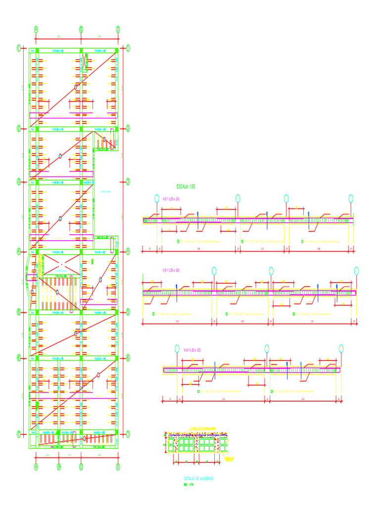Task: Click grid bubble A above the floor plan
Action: (x=36, y=29)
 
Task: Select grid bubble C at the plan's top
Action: (x=81, y=29)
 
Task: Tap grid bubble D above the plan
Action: (x=118, y=29)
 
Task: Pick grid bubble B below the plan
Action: (x=58, y=466)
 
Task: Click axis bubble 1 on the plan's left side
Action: (x=19, y=48)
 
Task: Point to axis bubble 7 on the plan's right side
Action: (x=127, y=434)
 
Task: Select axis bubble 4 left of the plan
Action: (x=19, y=251)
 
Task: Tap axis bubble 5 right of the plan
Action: (x=127, y=312)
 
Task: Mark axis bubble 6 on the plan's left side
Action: (x=19, y=357)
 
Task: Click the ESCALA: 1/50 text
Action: (x=186, y=187)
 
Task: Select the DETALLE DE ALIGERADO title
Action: (x=199, y=479)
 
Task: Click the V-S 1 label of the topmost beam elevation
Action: (x=171, y=199)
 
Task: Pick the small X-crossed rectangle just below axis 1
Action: (x=85, y=63)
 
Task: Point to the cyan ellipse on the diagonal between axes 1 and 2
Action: (x=76, y=87)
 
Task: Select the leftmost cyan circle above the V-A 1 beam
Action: (x=177, y=348)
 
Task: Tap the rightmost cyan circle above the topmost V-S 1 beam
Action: (x=351, y=199)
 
